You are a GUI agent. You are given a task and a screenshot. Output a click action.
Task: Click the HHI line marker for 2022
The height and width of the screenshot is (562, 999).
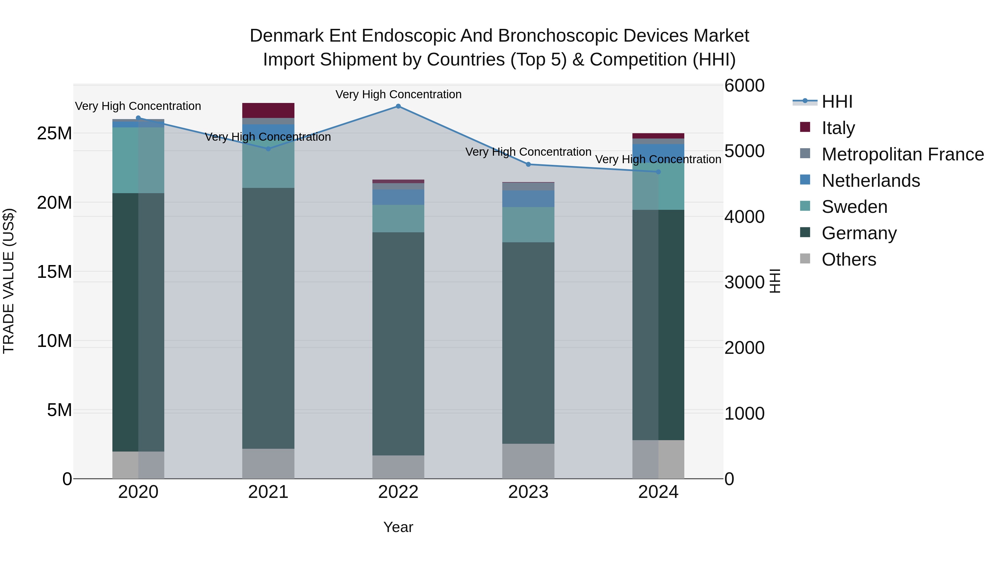click(x=398, y=106)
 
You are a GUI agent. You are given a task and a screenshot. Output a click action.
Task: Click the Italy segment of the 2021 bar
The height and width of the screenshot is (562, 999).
click(x=268, y=110)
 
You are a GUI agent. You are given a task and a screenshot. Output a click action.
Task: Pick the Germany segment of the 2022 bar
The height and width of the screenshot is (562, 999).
click(x=398, y=344)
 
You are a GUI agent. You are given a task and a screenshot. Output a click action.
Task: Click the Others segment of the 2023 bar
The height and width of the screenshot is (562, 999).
click(x=528, y=461)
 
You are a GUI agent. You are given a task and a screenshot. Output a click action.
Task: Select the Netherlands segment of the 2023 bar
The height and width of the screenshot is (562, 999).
click(x=528, y=199)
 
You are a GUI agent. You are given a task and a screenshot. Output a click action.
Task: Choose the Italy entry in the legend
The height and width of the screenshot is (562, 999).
click(x=838, y=128)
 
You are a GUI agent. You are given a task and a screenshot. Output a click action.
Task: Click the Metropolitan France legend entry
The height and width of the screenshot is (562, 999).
click(x=902, y=154)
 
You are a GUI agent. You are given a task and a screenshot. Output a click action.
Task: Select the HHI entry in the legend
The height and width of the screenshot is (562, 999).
click(x=837, y=102)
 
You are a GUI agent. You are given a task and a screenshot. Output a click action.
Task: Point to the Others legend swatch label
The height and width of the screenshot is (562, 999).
click(x=849, y=259)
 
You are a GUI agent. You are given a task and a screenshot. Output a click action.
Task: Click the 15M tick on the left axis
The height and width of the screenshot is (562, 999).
click(x=54, y=272)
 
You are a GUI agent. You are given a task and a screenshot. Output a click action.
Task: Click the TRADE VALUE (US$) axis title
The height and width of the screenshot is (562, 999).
click(x=9, y=281)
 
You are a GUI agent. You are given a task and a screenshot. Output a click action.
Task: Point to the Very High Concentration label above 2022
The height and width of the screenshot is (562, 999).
click(x=398, y=94)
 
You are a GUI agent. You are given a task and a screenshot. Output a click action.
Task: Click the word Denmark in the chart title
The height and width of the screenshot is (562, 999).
click(x=286, y=36)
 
